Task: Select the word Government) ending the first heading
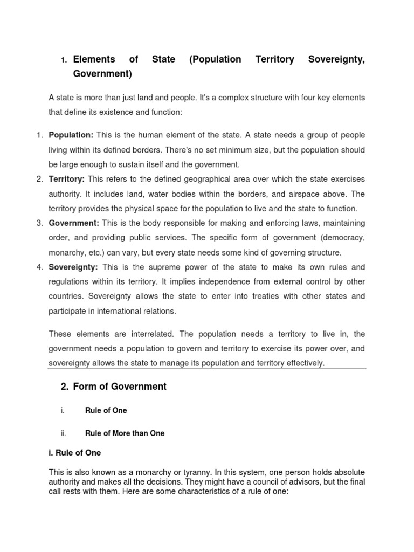(x=102, y=73)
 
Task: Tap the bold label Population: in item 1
(x=71, y=135)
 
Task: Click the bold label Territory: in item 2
(x=67, y=179)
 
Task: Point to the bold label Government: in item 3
(x=74, y=223)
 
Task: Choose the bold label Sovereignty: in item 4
(x=73, y=267)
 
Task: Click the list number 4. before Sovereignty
(x=39, y=267)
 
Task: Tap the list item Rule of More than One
(x=125, y=433)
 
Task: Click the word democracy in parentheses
(x=341, y=238)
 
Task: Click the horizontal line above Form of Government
(x=207, y=369)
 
